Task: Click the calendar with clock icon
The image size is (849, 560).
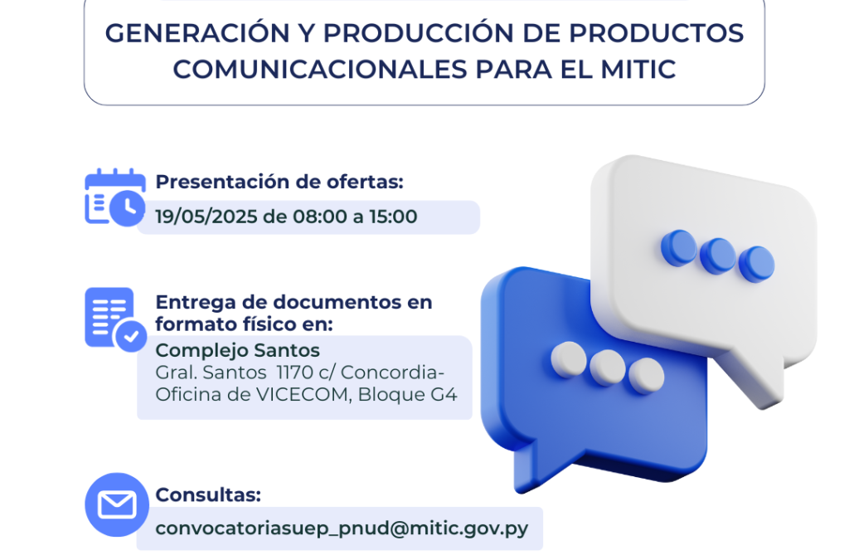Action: [114, 197]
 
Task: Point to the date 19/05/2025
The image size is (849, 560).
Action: [206, 217]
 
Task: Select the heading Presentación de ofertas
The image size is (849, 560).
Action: [279, 182]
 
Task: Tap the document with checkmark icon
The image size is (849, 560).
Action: [114, 319]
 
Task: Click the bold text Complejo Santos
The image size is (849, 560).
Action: [238, 350]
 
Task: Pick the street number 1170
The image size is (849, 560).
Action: [298, 372]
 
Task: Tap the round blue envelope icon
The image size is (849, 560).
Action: [117, 504]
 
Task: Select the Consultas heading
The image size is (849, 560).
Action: [208, 495]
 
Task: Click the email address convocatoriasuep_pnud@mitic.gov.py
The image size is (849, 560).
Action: [342, 528]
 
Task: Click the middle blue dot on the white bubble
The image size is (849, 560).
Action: [717, 256]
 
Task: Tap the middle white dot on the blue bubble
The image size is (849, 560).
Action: [608, 366]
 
